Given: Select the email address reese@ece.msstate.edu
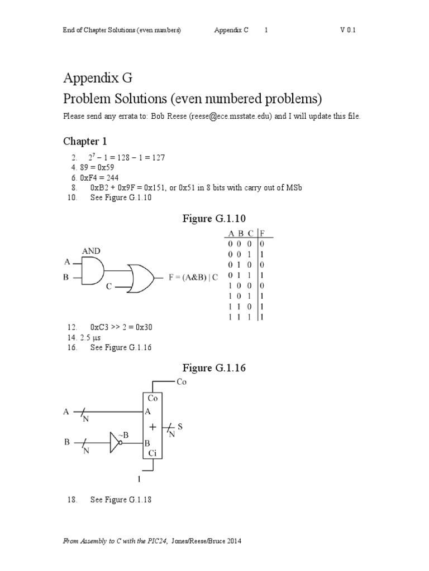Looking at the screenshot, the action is (x=230, y=117).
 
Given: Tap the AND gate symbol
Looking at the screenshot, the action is (x=93, y=270).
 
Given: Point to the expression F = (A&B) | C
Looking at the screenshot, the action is (x=193, y=277).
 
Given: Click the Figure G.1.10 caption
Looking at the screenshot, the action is (x=214, y=218).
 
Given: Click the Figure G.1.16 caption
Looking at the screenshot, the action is (x=214, y=368).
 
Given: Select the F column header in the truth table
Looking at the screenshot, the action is (x=262, y=234).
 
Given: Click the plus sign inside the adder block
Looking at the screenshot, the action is (x=152, y=427).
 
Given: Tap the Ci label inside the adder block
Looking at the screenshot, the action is (x=152, y=453).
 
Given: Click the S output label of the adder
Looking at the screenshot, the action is (x=180, y=427).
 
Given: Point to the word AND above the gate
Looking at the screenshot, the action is (x=92, y=251).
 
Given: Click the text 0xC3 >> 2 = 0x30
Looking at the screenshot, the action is (x=121, y=327).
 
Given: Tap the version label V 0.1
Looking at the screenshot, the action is (x=347, y=30).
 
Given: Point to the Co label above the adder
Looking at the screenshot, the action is (x=182, y=382).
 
